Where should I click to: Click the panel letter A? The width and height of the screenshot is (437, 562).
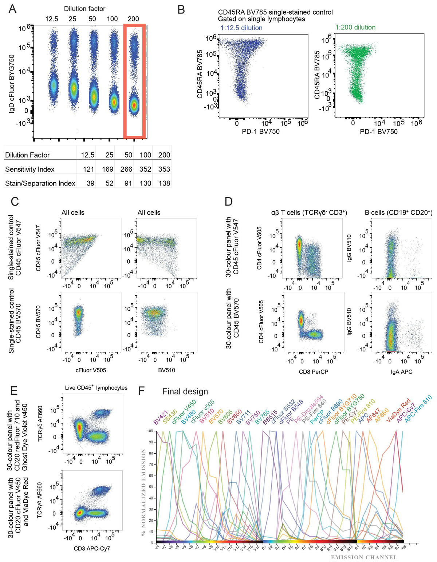click(12, 9)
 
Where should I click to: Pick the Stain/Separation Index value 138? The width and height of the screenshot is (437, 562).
click(164, 183)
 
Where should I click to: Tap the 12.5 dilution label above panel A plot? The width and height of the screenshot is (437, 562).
click(52, 19)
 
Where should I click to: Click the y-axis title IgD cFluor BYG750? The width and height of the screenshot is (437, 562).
click(12, 83)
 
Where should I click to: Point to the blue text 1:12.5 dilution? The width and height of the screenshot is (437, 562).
click(241, 28)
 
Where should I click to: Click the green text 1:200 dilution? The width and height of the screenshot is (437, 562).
click(355, 27)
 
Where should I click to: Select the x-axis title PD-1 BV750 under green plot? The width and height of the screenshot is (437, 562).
click(378, 131)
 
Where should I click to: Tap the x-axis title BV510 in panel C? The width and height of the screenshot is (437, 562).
click(167, 370)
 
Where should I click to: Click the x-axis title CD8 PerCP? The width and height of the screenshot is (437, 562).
click(314, 372)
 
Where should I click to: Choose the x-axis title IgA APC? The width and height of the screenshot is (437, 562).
click(401, 372)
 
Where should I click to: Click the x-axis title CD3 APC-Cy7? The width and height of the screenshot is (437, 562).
click(92, 548)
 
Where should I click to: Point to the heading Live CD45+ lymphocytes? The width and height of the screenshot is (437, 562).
click(96, 388)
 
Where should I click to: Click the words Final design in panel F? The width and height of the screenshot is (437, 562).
click(185, 392)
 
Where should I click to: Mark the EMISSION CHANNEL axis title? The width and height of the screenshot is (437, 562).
click(364, 557)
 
